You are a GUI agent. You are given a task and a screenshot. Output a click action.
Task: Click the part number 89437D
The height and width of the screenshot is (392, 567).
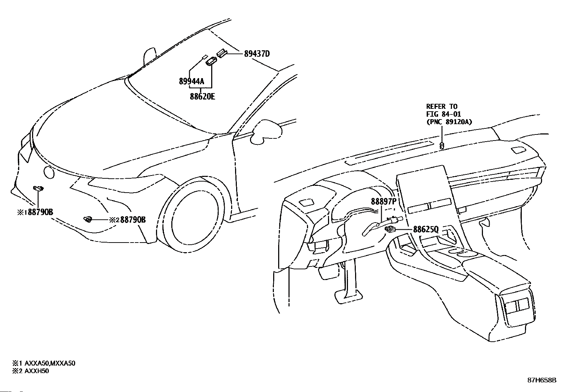pyautogui.click(x=257, y=54)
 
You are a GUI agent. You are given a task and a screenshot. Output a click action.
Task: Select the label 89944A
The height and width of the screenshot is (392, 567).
pyautogui.click(x=192, y=82)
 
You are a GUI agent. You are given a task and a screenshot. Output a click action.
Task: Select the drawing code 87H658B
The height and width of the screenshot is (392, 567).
pyautogui.click(x=542, y=380)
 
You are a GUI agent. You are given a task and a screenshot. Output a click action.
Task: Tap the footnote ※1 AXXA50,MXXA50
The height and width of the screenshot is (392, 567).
pyautogui.click(x=44, y=363)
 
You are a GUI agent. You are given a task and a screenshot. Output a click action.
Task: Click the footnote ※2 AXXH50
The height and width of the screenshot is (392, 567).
pyautogui.click(x=31, y=371)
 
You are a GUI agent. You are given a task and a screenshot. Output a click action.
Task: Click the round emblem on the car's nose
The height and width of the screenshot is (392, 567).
pyautogui.click(x=48, y=173)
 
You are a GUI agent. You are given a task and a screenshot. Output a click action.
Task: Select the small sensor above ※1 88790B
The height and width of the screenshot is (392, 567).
pyautogui.click(x=38, y=188)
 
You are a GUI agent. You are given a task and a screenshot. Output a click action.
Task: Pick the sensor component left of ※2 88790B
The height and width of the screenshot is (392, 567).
pyautogui.click(x=87, y=219)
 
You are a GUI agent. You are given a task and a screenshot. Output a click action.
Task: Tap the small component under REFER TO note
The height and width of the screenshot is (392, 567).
pyautogui.click(x=442, y=145)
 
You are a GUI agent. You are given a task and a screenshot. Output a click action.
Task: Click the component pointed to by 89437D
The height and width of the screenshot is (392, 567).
pyautogui.click(x=222, y=53)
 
